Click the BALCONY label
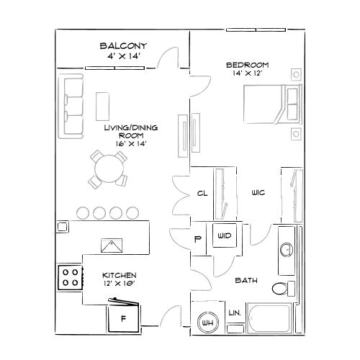[123, 46]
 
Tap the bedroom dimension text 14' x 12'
[247, 73]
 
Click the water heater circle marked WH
[208, 323]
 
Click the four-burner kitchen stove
[70, 277]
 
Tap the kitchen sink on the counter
[112, 246]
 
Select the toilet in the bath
[284, 288]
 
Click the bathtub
[269, 318]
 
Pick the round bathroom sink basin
[287, 250]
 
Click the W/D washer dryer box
[225, 235]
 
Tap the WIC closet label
[258, 192]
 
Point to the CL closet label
[202, 193]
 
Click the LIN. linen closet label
[235, 312]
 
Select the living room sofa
[71, 107]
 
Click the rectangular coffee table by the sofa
[102, 107]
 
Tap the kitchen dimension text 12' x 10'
[120, 284]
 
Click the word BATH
[246, 280]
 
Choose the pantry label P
[197, 239]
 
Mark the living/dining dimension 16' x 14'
[131, 143]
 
